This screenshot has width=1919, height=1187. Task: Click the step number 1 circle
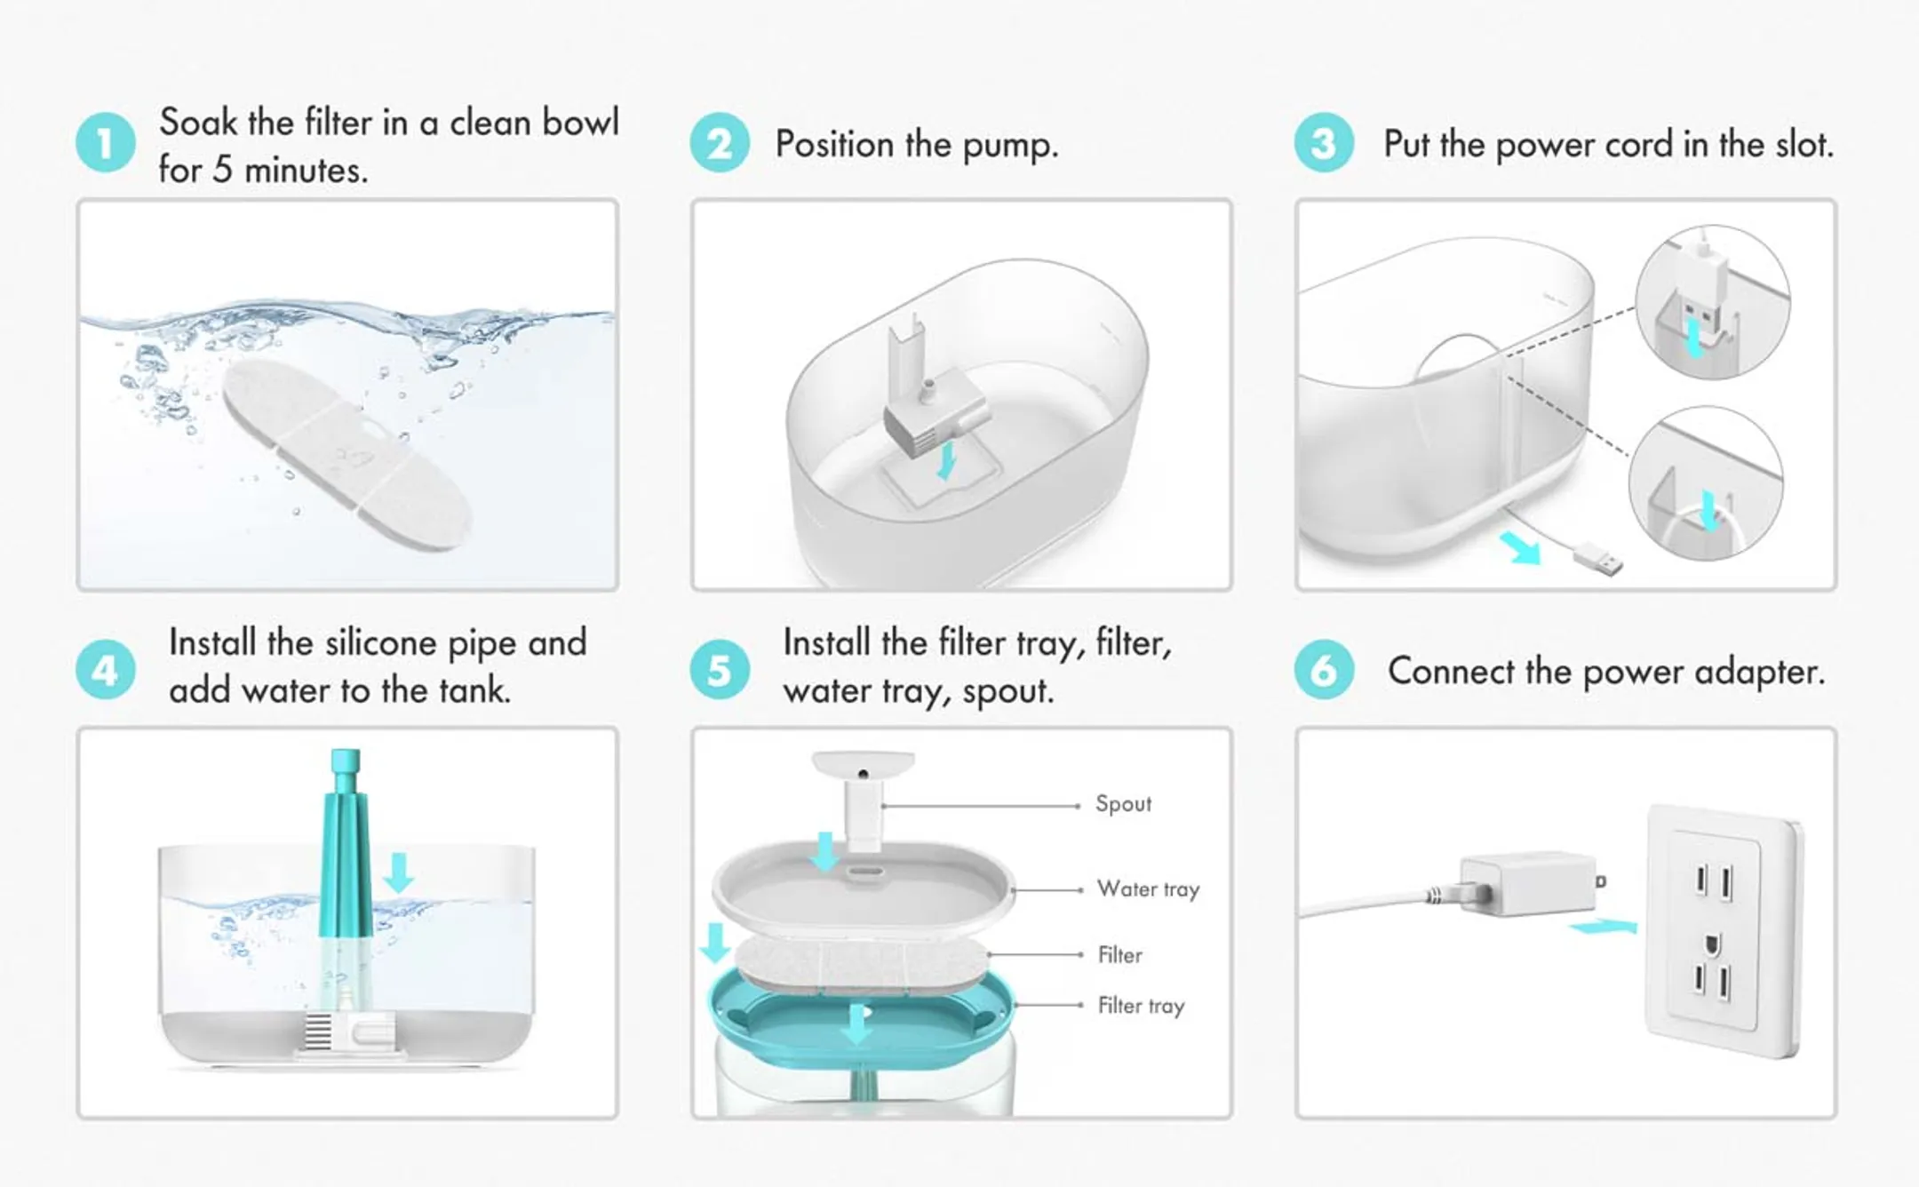coord(105,143)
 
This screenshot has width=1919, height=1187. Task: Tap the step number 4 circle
coord(105,670)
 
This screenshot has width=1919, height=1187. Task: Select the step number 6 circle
coord(1323,670)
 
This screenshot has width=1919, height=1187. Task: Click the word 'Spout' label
coord(1123,804)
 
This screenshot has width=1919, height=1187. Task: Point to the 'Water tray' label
coord(1148,889)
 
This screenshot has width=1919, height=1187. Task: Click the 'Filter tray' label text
coord(1141,1006)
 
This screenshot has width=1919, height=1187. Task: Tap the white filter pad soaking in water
coord(346,453)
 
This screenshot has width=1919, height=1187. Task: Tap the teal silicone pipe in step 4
coord(345,844)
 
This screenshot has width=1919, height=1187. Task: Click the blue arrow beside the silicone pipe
coord(398,872)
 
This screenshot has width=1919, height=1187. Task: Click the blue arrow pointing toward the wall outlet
coord(1604,928)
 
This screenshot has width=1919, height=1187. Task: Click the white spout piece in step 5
coord(863,795)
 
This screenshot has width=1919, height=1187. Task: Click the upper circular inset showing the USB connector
coord(1711,302)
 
